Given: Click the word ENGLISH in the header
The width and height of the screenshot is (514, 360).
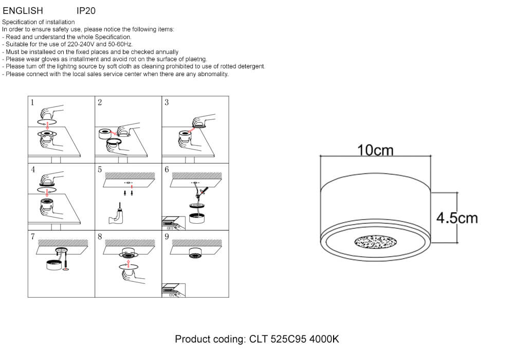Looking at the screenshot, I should click(23, 10).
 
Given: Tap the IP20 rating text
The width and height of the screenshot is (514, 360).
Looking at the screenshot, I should click(86, 10).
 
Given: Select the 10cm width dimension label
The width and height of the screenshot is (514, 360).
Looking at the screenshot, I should click(375, 150).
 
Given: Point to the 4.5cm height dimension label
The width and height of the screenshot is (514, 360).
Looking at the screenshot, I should click(457, 218).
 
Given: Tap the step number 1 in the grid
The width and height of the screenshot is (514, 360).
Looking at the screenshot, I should click(32, 102).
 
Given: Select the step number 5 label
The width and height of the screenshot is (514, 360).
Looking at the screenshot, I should click(99, 169).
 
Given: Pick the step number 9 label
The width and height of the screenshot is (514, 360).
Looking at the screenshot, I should click(166, 237).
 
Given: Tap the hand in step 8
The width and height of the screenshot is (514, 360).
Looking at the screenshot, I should click(131, 276).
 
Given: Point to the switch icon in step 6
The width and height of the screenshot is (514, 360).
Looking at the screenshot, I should click(171, 223).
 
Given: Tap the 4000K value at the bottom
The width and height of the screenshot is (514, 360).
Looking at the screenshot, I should click(328, 339).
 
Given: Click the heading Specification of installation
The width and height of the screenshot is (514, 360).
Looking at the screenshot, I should click(39, 22).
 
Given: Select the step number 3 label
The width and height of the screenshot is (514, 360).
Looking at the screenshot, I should click(166, 102).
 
